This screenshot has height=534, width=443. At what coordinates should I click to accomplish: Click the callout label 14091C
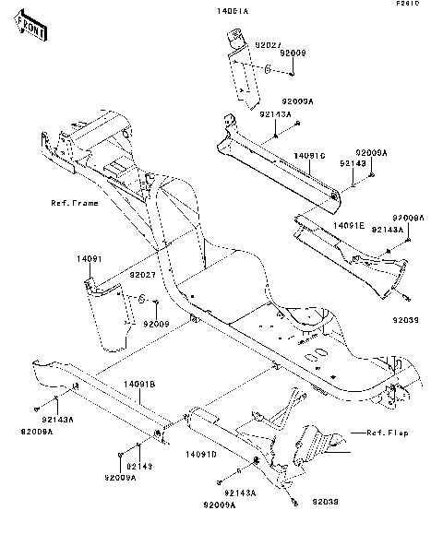pos(311,156)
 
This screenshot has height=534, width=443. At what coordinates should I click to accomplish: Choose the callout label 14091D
pos(201,455)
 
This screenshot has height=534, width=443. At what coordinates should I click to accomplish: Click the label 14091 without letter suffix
pos(86,261)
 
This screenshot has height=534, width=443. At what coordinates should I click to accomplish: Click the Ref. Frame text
pos(73,202)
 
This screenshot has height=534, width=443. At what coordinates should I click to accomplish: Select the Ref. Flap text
pos(388,432)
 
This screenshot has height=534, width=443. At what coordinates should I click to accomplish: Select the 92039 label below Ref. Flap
pos(326,502)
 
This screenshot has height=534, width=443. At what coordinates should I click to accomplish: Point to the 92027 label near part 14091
pos(141,274)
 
